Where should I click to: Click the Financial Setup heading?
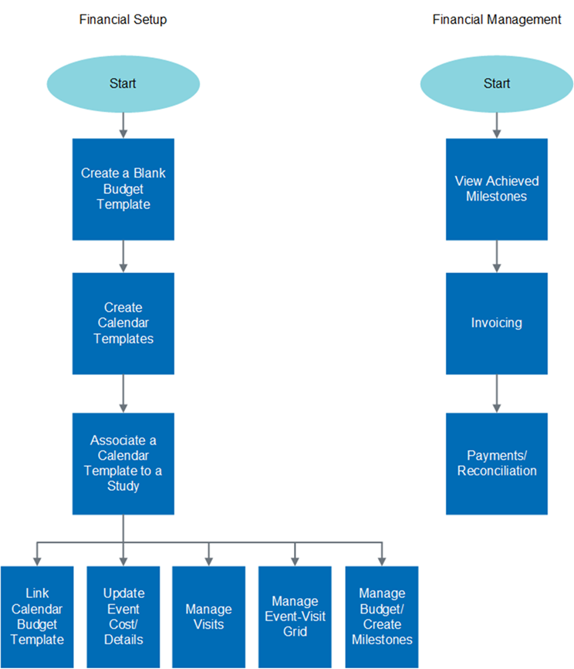tap(123, 19)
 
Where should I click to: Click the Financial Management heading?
tap(496, 19)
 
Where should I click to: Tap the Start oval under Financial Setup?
tap(123, 83)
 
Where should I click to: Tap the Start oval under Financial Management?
tap(496, 83)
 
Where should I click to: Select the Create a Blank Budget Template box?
tap(123, 189)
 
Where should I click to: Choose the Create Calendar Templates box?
tap(123, 323)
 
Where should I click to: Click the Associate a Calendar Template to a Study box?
tap(123, 463)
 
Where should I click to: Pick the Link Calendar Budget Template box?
tap(37, 617)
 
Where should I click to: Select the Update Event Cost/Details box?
tap(123, 617)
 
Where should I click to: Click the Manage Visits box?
tap(208, 617)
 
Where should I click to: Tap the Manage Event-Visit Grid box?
tap(295, 617)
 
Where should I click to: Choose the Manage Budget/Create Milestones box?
tap(381, 617)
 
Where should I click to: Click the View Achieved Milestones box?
tap(496, 189)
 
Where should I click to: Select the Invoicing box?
tap(496, 323)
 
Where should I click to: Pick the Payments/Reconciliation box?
tap(496, 463)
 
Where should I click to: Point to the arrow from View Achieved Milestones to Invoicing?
tap(496, 255)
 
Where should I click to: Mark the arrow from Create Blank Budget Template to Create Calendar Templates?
tap(123, 255)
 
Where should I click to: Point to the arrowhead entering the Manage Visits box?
tap(208, 561)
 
